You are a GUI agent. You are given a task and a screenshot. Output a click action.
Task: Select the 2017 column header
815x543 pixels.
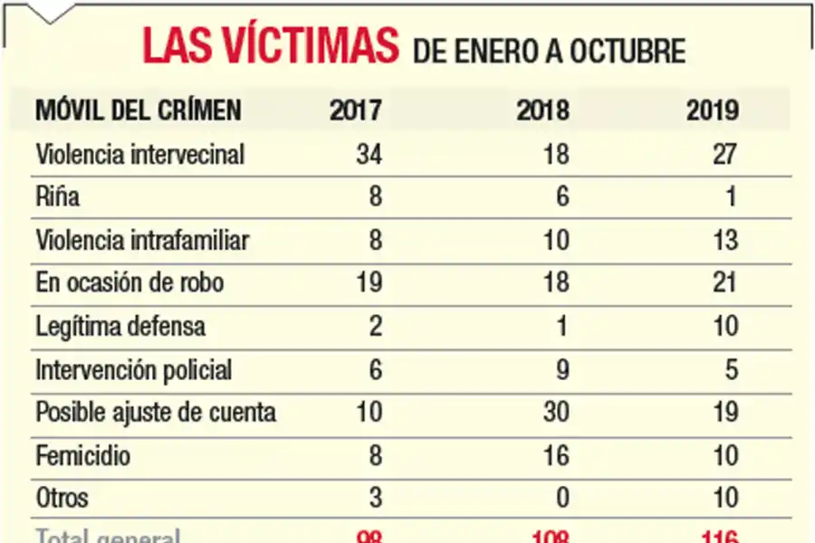356,110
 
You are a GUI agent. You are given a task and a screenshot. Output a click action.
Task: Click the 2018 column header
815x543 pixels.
542,110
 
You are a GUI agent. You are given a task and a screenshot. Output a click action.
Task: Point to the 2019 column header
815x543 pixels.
712,110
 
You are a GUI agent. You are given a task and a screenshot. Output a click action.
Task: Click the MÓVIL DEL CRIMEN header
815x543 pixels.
139,110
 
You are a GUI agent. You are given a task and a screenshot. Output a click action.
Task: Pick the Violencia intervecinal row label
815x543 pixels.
140,154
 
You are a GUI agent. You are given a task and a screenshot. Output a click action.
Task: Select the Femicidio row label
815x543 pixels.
82,455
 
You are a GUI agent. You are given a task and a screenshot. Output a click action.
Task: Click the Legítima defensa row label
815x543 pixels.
120,326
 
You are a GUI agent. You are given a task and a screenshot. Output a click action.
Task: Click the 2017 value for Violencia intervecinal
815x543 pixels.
369,154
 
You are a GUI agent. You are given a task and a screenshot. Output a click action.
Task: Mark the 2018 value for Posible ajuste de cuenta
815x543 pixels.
555,413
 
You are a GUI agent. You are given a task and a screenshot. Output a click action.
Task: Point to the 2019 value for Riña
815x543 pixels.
731,196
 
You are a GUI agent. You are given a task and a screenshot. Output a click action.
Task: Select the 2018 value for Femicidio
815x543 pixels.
555,455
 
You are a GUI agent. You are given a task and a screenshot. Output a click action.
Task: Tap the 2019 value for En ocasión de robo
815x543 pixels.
725,283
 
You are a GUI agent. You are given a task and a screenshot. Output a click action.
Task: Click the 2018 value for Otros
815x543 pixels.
561,498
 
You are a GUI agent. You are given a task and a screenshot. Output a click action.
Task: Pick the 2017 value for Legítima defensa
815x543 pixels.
375,326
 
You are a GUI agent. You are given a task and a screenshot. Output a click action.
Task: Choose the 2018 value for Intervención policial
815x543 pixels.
561,369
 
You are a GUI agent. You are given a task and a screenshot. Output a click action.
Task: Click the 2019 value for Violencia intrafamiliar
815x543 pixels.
725,240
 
